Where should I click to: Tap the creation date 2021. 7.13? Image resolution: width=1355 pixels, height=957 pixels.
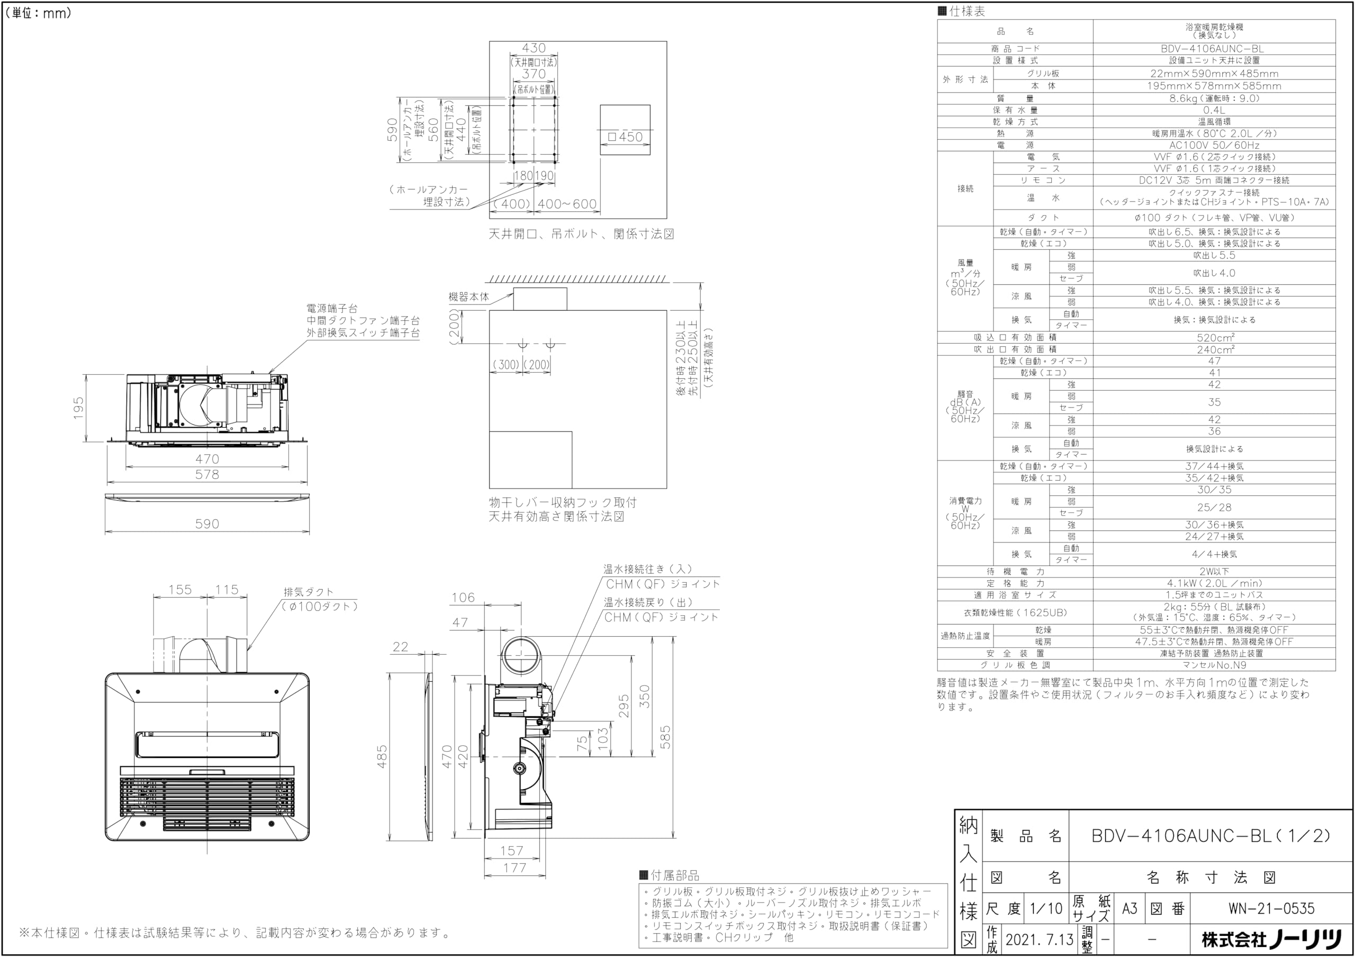(x=1039, y=940)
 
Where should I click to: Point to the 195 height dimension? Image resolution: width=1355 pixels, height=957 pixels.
(x=78, y=408)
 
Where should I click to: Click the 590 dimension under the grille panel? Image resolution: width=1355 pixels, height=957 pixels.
(x=207, y=524)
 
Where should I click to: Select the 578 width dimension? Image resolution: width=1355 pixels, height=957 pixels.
(x=207, y=474)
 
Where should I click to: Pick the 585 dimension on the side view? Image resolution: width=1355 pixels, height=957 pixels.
(x=665, y=737)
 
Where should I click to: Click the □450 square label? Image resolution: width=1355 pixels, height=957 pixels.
(x=625, y=137)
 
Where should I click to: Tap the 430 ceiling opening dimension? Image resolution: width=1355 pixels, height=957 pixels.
(x=534, y=48)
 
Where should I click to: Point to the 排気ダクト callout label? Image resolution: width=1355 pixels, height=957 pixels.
(x=309, y=592)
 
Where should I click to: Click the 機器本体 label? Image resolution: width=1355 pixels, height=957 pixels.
(x=468, y=297)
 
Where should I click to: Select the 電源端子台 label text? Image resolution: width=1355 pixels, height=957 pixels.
(x=332, y=309)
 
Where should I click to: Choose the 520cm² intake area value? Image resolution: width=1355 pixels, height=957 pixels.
(x=1214, y=338)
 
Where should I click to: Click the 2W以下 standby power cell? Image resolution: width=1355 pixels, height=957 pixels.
(x=1214, y=572)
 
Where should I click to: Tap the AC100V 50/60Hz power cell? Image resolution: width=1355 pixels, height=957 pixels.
(x=1214, y=145)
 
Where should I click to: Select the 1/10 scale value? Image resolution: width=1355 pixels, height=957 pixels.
(x=1046, y=909)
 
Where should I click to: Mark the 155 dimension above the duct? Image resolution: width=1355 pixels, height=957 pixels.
(x=180, y=590)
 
